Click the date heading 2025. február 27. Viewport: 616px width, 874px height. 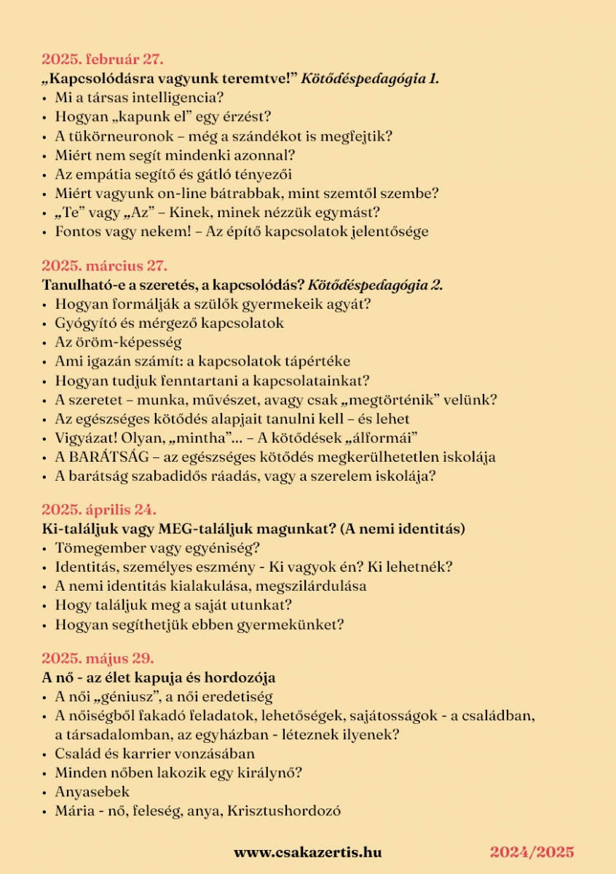click(103, 59)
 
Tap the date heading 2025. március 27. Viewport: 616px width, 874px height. click(104, 266)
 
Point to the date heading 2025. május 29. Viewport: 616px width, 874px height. click(98, 658)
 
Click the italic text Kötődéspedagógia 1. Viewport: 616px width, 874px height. click(375, 78)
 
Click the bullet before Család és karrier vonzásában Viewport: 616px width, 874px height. click(46, 754)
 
